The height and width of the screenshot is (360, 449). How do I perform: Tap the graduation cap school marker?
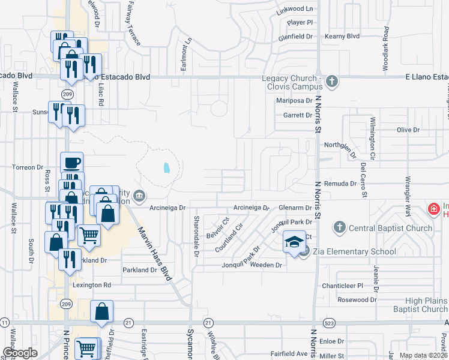tap(294, 242)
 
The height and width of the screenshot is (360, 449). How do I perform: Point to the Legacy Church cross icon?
tap(330, 80)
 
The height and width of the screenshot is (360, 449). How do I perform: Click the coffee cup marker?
tap(72, 163)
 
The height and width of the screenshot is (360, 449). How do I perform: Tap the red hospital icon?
tap(433, 209)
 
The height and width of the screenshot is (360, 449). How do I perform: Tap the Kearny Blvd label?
tap(342, 37)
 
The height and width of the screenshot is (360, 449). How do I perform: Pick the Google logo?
tap(20, 352)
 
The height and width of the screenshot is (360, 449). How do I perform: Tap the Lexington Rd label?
tap(92, 285)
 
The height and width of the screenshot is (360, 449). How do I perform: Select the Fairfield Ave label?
tap(288, 354)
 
